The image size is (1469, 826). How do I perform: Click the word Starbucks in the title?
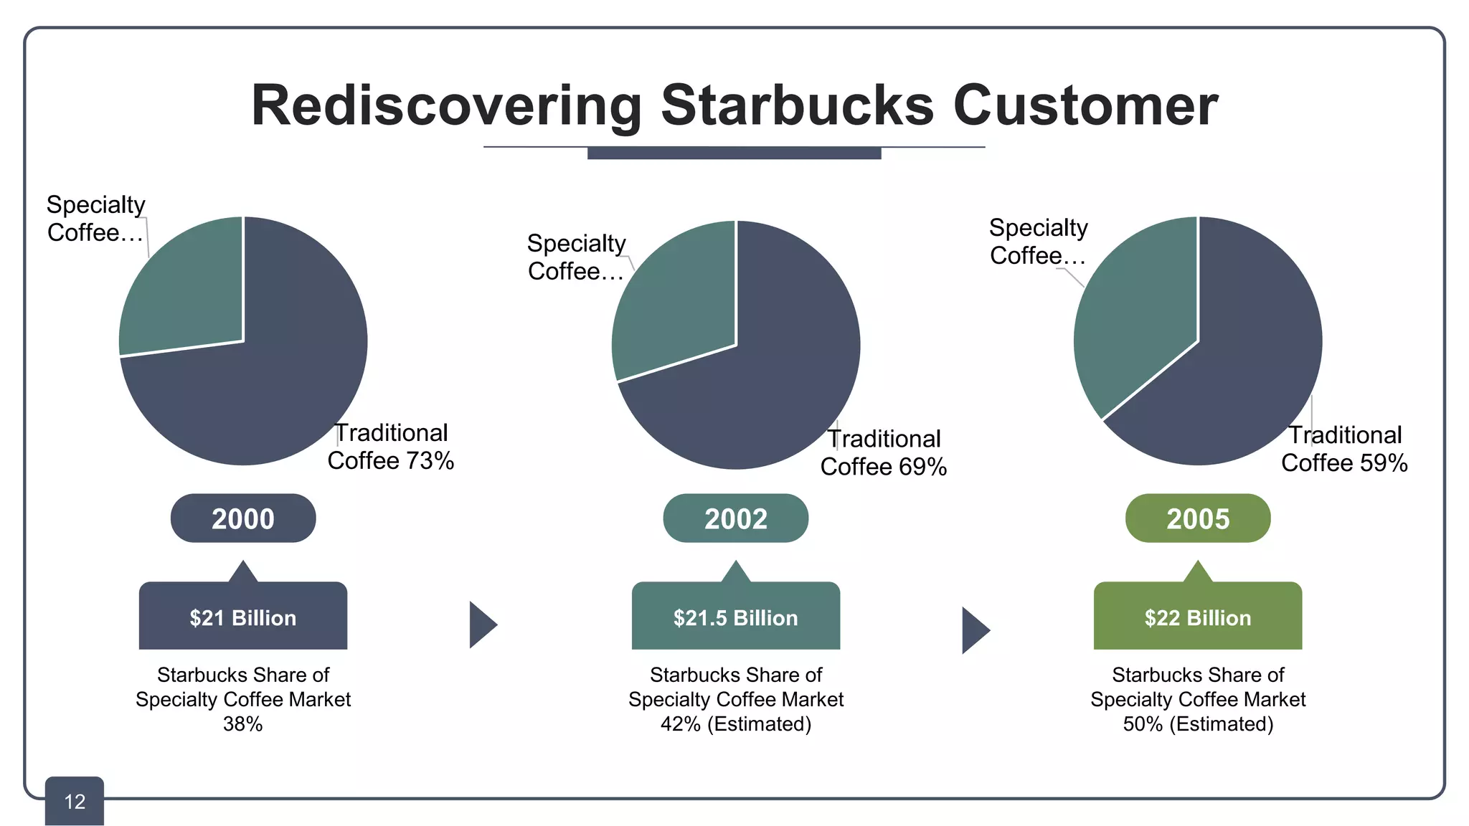[797, 105]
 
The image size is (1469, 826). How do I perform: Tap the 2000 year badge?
[243, 518]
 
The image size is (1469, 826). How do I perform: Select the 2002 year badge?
[735, 518]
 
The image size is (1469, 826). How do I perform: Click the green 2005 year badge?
[1197, 518]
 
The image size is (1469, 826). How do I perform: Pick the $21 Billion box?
[243, 617]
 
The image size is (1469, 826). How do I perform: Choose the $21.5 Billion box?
[735, 617]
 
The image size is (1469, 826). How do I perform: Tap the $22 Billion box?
[1197, 617]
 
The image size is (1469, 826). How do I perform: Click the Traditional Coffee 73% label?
[391, 447]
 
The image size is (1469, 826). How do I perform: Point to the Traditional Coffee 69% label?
[884, 452]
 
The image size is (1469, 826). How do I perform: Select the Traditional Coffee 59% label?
[1344, 449]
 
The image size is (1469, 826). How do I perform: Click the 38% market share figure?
[242, 724]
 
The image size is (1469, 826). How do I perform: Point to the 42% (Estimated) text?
[735, 724]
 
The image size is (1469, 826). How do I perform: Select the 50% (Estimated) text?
[1197, 724]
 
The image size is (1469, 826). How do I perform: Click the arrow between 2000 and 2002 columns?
[482, 625]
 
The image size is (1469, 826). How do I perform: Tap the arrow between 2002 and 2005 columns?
[974, 630]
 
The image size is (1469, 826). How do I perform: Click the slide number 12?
[75, 802]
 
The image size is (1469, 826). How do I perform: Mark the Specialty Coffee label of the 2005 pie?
[1038, 242]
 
